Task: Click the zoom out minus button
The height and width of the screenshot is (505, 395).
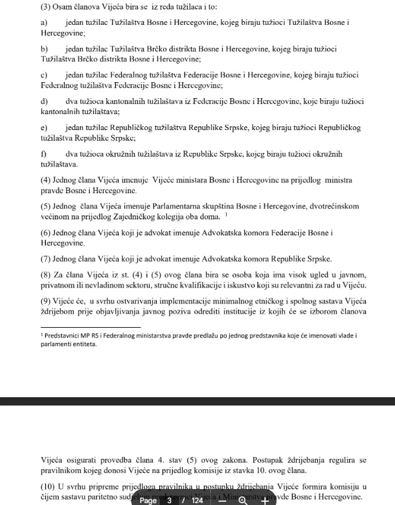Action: [222, 500]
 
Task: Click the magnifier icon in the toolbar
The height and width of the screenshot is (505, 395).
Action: [243, 500]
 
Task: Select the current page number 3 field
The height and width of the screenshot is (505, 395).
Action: [169, 500]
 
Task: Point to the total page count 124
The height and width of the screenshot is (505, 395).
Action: [197, 500]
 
